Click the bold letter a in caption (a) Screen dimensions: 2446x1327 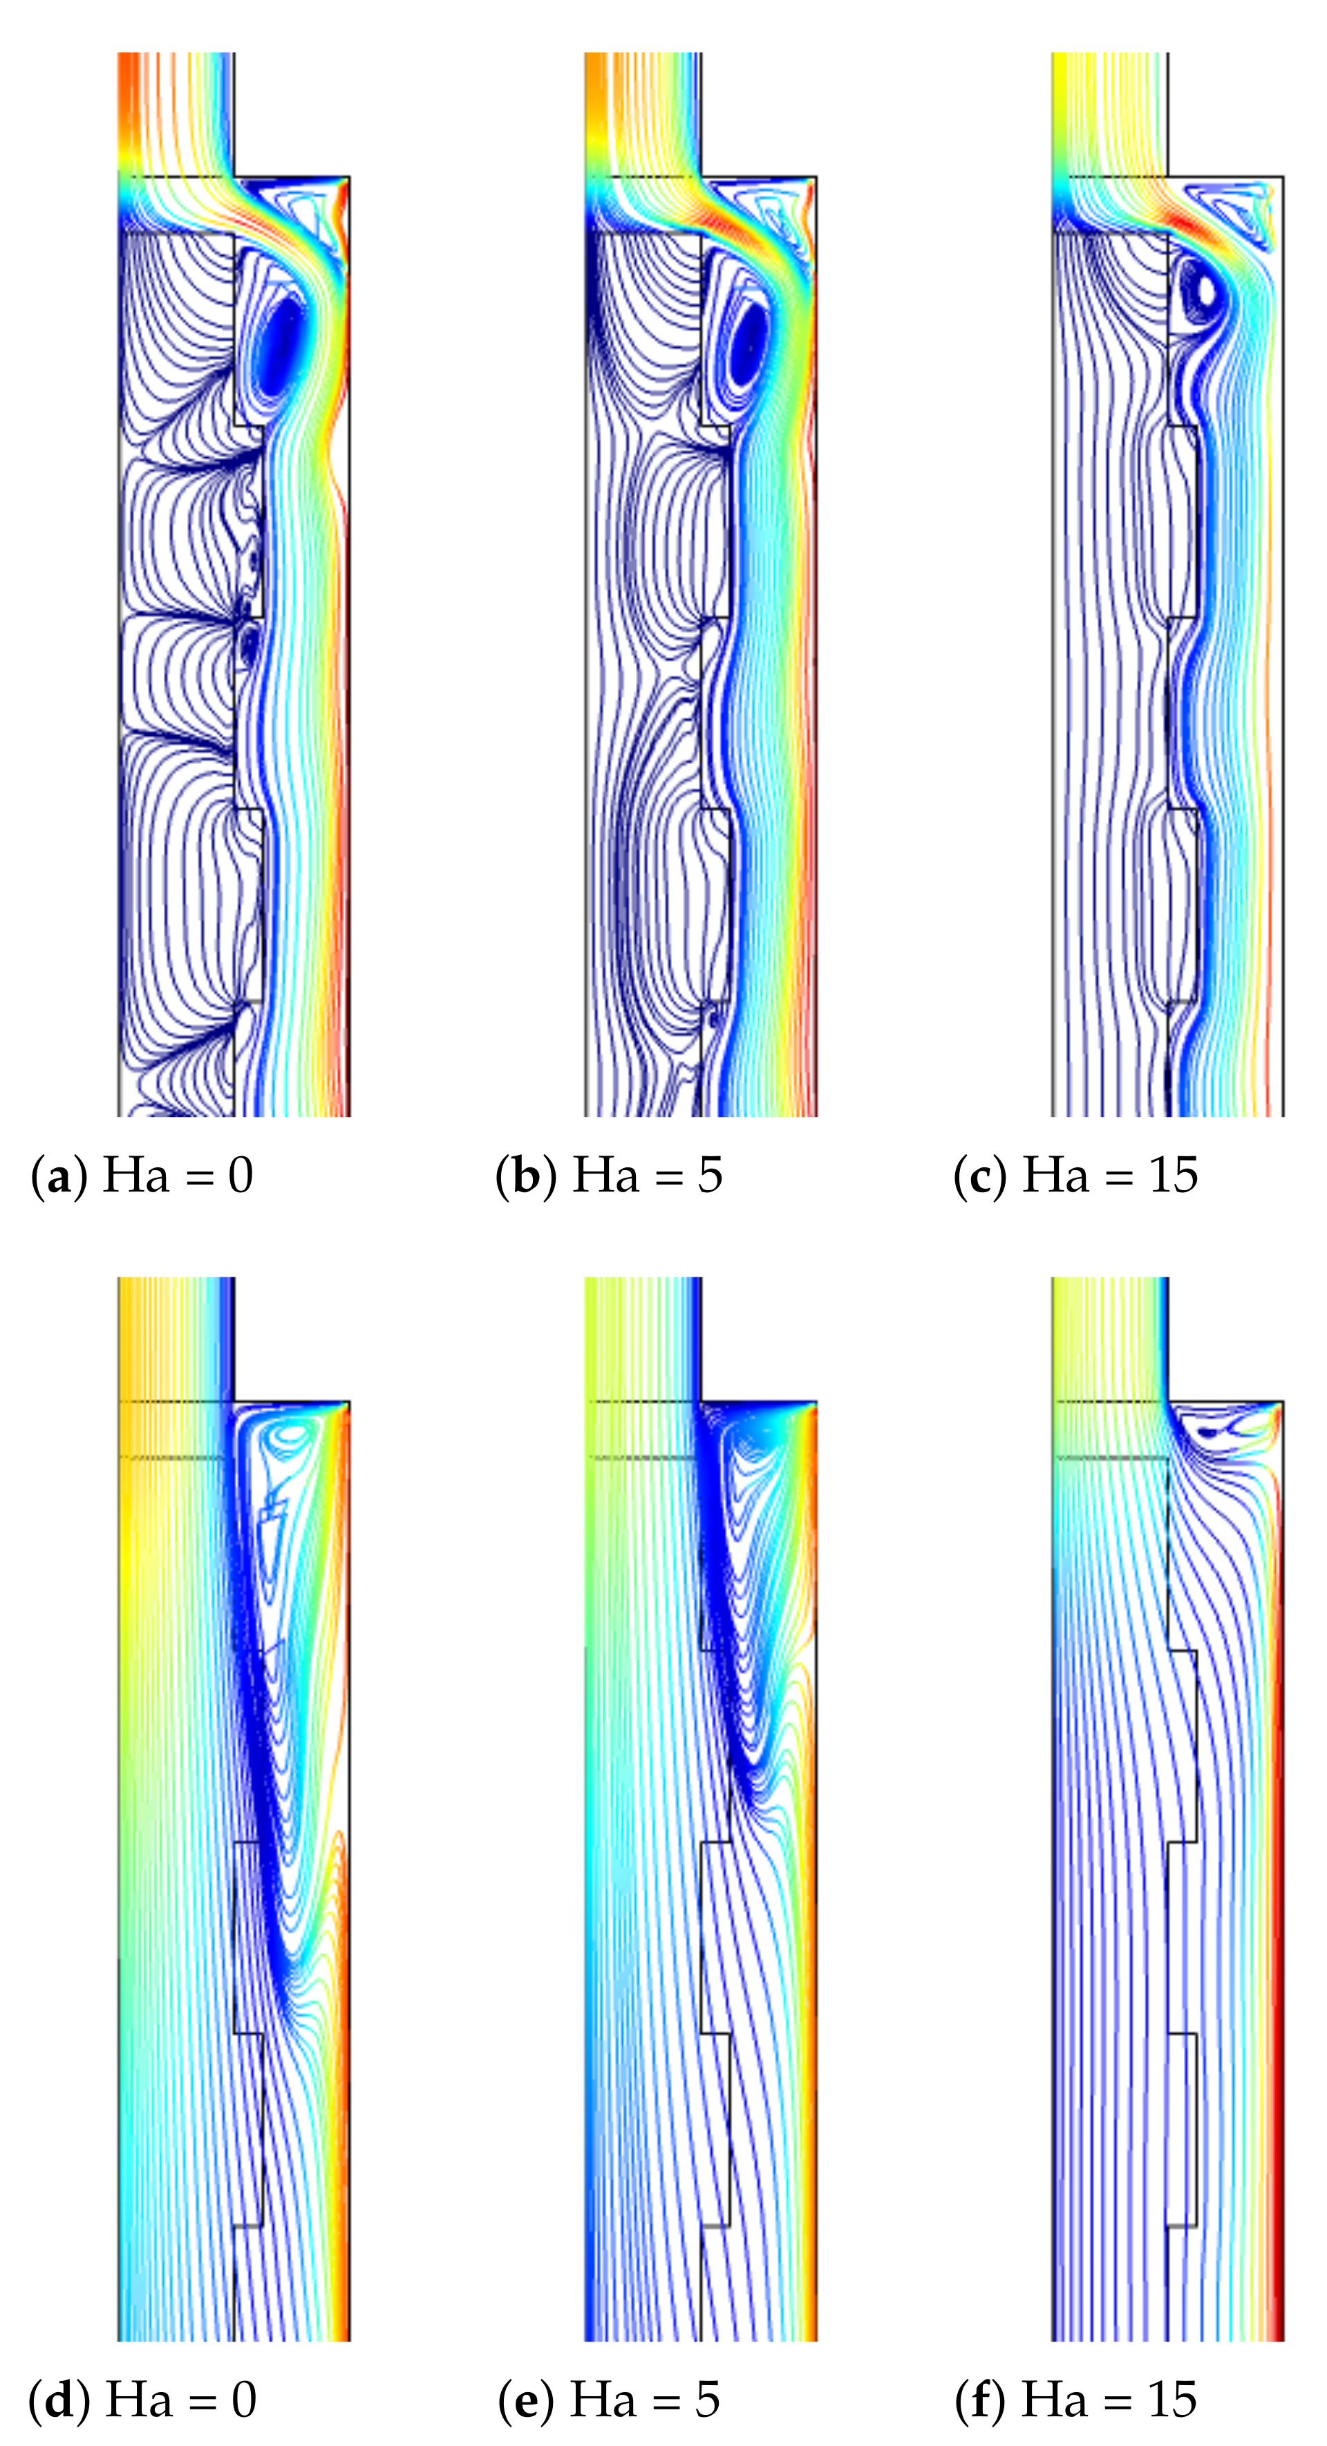[59, 1178]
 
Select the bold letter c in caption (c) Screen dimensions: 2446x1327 [981, 1178]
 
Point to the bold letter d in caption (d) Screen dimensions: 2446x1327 [59, 2400]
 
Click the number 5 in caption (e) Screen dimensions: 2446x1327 [707, 2398]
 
